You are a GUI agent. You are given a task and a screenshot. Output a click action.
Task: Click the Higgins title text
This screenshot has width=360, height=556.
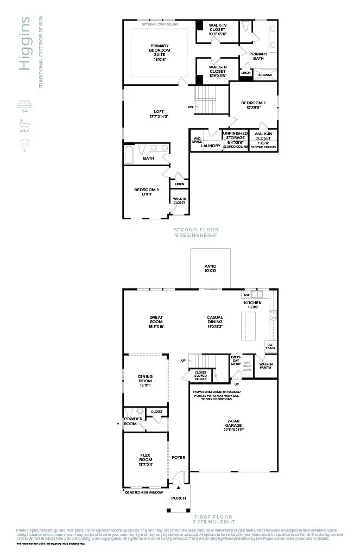point(24,44)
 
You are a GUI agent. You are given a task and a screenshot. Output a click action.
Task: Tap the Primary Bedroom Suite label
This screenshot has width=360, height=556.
point(160,52)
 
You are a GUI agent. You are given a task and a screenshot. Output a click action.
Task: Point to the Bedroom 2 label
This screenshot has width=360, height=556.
point(253,105)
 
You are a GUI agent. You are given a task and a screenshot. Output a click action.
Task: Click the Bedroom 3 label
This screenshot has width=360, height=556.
point(146,192)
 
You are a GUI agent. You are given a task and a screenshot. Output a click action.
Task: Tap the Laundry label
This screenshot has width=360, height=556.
point(211,146)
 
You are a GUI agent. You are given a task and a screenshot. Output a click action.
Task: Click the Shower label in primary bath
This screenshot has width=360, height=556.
point(265,75)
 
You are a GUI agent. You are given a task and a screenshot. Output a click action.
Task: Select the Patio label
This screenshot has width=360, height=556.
point(210,268)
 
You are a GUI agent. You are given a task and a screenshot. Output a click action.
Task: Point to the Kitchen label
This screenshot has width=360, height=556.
point(252,305)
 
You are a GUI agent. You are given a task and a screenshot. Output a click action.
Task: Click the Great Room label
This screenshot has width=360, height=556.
point(156,321)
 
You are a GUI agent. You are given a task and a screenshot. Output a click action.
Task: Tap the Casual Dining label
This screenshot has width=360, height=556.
point(215,321)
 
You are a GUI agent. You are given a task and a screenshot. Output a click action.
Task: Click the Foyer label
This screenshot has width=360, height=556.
point(178,457)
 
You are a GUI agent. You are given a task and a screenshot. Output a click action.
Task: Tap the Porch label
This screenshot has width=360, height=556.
point(178,498)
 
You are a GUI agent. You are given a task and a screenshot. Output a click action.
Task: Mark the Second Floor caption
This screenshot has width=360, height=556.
point(195,230)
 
